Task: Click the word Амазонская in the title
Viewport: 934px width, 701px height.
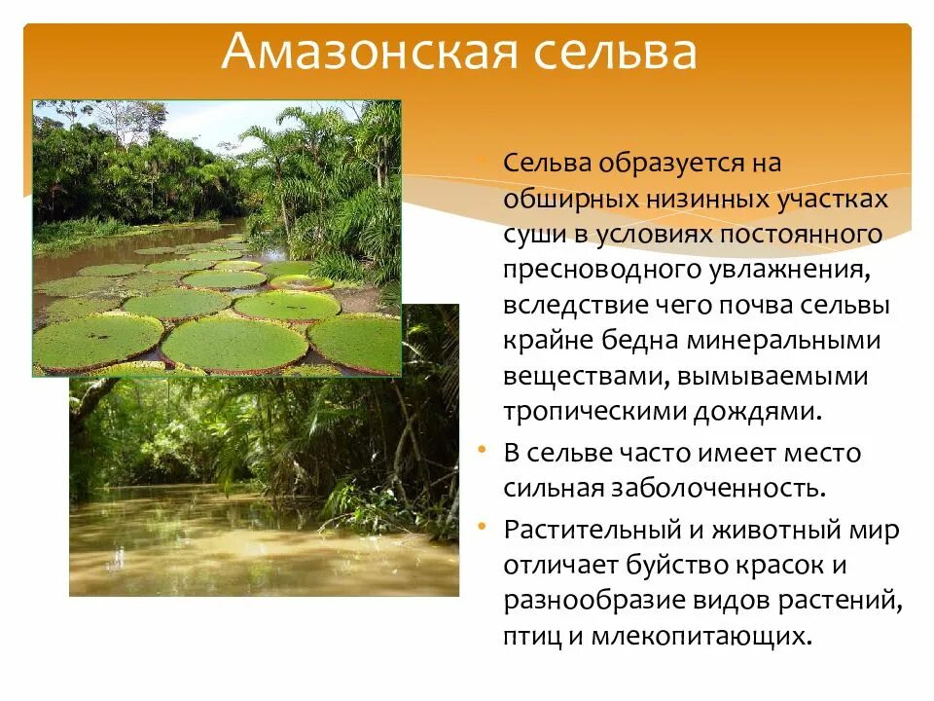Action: [x=363, y=53]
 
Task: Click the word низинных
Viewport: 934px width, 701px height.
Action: [x=700, y=199]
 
